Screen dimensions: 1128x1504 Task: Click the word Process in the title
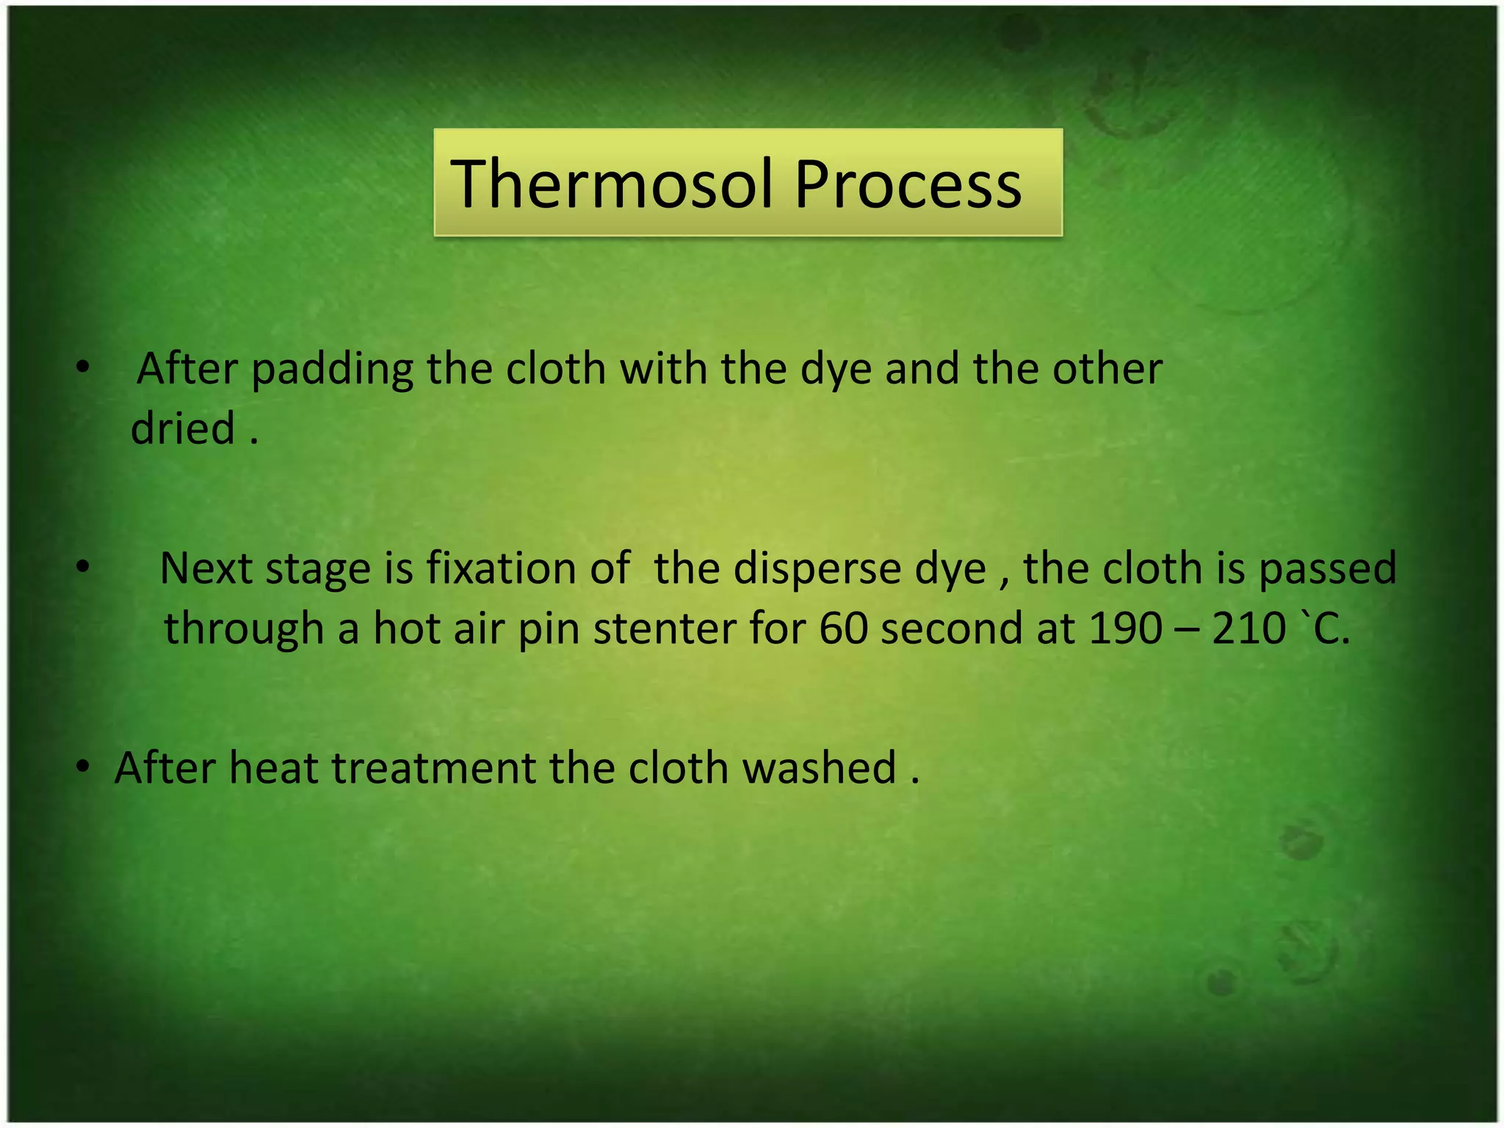click(908, 185)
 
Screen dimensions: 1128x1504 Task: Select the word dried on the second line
click(183, 429)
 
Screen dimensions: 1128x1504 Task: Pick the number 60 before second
click(843, 629)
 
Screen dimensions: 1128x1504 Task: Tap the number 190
click(1125, 629)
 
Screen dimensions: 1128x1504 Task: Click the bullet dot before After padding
click(83, 366)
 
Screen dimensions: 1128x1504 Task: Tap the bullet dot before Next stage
click(83, 567)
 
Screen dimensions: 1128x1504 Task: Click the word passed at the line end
click(1327, 570)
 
